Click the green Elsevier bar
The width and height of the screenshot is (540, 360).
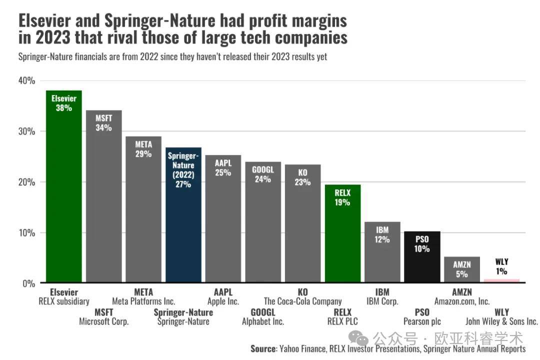pos(63,200)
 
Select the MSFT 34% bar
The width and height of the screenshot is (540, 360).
pos(103,210)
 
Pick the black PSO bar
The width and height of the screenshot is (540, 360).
pos(422,265)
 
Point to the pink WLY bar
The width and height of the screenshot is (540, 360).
pos(501,280)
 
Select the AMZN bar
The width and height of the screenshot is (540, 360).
pos(462,272)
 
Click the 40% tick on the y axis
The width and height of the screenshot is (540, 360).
pos(27,81)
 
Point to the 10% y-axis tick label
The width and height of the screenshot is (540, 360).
pos(27,233)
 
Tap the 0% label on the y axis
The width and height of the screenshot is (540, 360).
pos(29,283)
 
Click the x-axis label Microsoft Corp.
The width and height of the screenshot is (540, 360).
pos(104,321)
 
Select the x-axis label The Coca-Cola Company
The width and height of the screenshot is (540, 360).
pos(302,301)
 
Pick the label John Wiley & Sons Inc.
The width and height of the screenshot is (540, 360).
pos(501,321)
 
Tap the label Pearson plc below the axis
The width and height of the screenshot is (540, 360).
pos(422,321)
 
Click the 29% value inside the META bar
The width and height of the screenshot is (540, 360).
pos(143,154)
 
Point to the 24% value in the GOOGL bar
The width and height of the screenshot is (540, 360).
pos(263,179)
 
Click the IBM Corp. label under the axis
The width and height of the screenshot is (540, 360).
pos(382,301)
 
